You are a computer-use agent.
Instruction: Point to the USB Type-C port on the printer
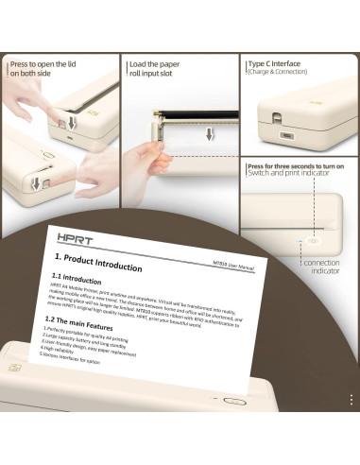pyautogui.click(x=273, y=119)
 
